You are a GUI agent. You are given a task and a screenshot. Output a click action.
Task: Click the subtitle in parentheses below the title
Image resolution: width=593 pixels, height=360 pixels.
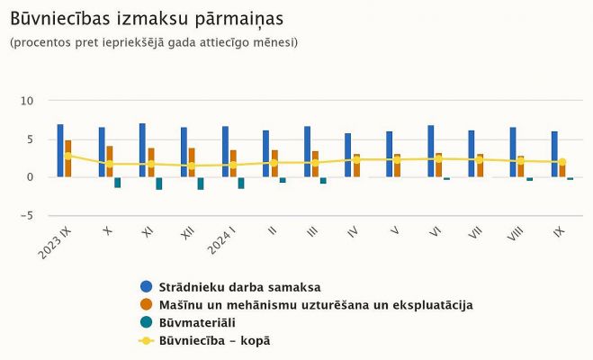(x=153, y=42)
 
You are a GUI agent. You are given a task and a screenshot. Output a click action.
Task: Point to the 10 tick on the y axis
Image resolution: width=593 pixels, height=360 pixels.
(x=28, y=102)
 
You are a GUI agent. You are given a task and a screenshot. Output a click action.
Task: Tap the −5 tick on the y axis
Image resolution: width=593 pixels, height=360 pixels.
(x=28, y=215)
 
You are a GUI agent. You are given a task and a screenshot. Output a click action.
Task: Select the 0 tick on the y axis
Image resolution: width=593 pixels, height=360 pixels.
(x=31, y=177)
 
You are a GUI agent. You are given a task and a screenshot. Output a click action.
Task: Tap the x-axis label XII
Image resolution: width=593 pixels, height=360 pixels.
(x=187, y=233)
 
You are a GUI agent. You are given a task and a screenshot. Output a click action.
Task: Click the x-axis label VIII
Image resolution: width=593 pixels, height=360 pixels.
(x=515, y=233)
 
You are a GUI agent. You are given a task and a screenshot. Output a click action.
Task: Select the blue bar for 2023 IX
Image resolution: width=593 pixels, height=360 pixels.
(x=60, y=150)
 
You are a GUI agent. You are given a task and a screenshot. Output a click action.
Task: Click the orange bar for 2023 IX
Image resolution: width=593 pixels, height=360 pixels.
(x=68, y=158)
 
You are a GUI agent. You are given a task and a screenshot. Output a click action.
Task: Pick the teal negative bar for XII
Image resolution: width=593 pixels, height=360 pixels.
(x=201, y=183)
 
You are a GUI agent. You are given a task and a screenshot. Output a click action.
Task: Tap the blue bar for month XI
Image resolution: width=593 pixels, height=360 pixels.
(x=142, y=149)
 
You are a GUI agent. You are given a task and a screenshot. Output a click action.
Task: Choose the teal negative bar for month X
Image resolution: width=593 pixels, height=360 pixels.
(x=118, y=182)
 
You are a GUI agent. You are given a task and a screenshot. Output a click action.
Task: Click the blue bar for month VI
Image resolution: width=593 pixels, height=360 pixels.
(x=431, y=150)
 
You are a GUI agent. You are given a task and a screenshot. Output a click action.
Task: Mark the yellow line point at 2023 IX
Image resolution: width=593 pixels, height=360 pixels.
(x=67, y=156)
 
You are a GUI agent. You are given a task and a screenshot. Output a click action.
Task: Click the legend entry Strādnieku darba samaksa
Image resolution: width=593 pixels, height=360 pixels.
(x=239, y=287)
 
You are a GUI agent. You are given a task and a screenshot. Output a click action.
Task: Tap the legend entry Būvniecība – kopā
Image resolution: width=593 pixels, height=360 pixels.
(x=214, y=341)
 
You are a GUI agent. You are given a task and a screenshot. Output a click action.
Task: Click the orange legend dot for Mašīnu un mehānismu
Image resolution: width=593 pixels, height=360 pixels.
(x=147, y=305)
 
